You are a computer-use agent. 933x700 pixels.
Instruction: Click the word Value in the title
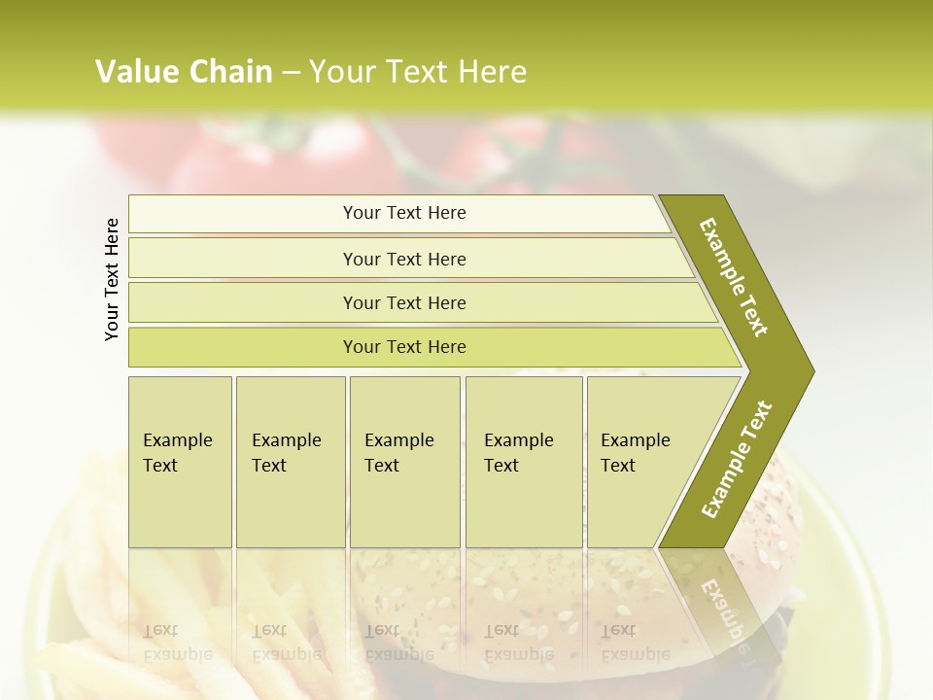click(136, 72)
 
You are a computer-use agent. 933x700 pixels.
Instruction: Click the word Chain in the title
click(230, 72)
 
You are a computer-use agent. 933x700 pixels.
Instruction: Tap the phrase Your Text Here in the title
click(418, 72)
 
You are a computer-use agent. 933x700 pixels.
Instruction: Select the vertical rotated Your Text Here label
click(112, 279)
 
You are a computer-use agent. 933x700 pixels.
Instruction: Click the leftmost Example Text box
click(180, 461)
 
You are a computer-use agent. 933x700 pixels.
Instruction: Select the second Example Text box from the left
click(290, 461)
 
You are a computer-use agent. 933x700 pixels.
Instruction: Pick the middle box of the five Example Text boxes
click(404, 461)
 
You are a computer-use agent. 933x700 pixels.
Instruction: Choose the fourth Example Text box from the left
click(523, 461)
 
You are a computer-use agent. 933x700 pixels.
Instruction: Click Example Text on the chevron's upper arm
click(734, 277)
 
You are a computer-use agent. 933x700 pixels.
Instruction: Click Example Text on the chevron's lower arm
click(737, 460)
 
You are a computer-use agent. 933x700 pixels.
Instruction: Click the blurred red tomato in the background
click(321, 156)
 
